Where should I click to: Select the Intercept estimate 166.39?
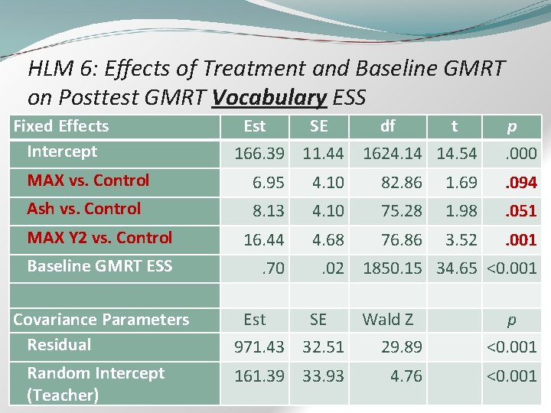point(260,154)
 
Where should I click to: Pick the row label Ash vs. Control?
point(84,209)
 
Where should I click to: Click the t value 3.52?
point(461,240)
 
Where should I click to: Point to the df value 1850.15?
point(393,268)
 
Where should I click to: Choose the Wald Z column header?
point(387,319)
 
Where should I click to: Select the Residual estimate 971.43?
point(260,347)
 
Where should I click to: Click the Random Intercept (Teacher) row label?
point(96,384)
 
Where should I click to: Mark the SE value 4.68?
point(328,240)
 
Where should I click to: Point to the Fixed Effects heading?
point(61,126)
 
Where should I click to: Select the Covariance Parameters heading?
point(101,320)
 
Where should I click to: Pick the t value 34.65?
point(457,268)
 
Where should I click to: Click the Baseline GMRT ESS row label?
point(99,266)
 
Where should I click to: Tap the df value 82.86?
point(402,183)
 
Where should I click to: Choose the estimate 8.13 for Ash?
point(268,210)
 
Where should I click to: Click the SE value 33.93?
point(323,376)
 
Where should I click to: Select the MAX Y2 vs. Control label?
point(99,238)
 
